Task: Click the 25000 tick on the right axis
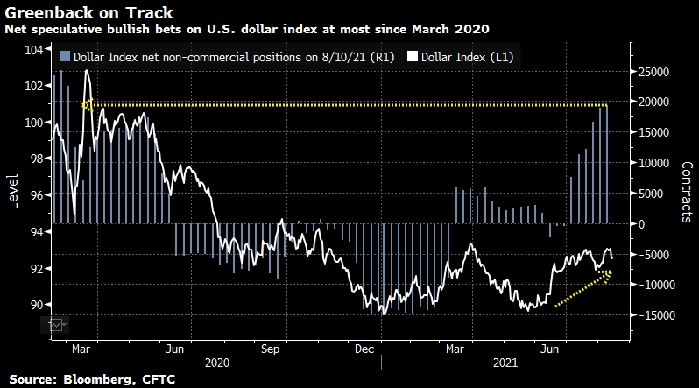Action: click(655, 71)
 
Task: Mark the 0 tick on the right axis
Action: click(639, 223)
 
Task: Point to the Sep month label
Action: click(270, 348)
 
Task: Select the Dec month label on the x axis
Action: click(363, 348)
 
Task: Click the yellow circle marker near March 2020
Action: click(87, 105)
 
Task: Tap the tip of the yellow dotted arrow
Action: click(611, 273)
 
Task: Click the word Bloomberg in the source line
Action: click(96, 378)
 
